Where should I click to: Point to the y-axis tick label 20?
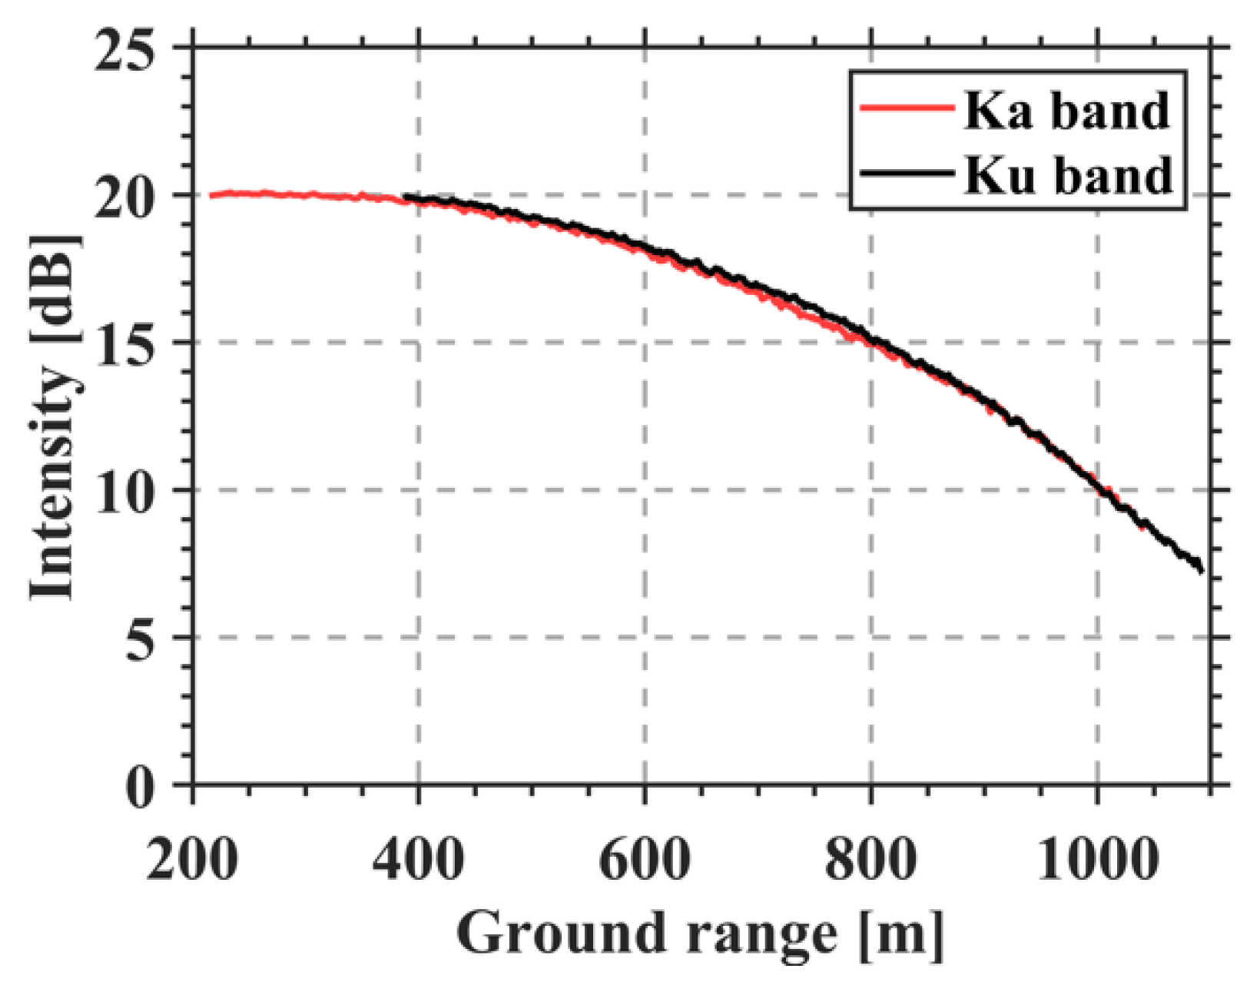click(x=125, y=196)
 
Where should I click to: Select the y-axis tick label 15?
click(x=125, y=343)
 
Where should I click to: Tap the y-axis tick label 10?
click(x=125, y=490)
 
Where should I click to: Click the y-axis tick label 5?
click(x=140, y=637)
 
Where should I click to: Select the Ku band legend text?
click(x=1069, y=175)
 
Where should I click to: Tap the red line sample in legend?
click(x=907, y=108)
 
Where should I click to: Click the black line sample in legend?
click(x=907, y=173)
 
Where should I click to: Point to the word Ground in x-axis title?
click(x=561, y=934)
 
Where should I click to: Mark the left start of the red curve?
click(x=211, y=195)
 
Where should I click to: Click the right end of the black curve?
click(x=1201, y=569)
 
